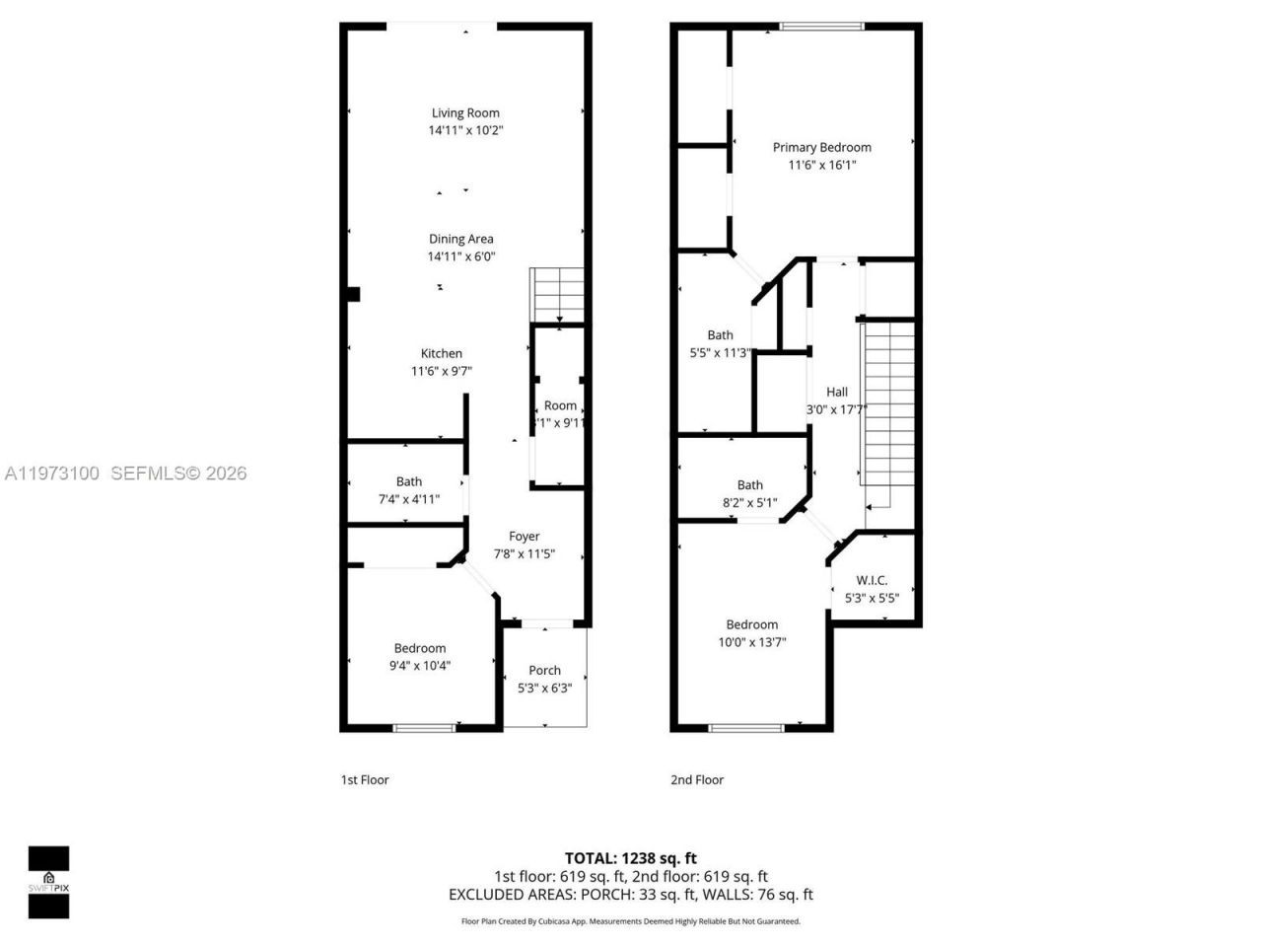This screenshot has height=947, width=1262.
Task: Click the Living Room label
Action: [465, 112]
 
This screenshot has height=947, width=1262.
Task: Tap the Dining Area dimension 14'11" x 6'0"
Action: [460, 256]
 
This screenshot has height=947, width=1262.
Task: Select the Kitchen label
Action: [441, 353]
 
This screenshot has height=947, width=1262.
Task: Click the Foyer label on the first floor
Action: [524, 537]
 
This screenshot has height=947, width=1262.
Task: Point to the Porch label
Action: [544, 670]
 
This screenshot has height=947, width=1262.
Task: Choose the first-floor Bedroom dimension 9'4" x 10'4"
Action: [419, 666]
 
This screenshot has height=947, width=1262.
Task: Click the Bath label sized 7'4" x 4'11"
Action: [408, 481]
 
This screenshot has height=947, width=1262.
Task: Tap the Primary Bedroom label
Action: [821, 147]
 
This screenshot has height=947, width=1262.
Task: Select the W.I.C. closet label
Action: [872, 580]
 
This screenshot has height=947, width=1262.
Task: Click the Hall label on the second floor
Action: [836, 392]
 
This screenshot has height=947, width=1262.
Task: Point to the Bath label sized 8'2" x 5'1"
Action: [749, 484]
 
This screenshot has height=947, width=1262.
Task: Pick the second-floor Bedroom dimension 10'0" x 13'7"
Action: [751, 642]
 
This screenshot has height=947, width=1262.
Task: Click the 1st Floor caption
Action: [365, 779]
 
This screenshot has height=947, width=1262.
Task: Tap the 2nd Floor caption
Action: [697, 779]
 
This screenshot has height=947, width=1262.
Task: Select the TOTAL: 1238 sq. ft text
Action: [630, 858]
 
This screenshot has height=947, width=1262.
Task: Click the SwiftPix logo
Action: [48, 881]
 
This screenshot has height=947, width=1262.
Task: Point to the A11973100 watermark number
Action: [51, 473]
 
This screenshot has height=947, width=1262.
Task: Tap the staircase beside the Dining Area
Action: [558, 294]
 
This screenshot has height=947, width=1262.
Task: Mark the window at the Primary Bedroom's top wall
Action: [821, 27]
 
